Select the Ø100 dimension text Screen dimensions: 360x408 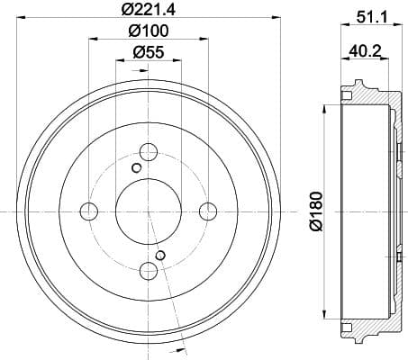[149, 31]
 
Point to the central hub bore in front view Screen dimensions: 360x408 [148, 211]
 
